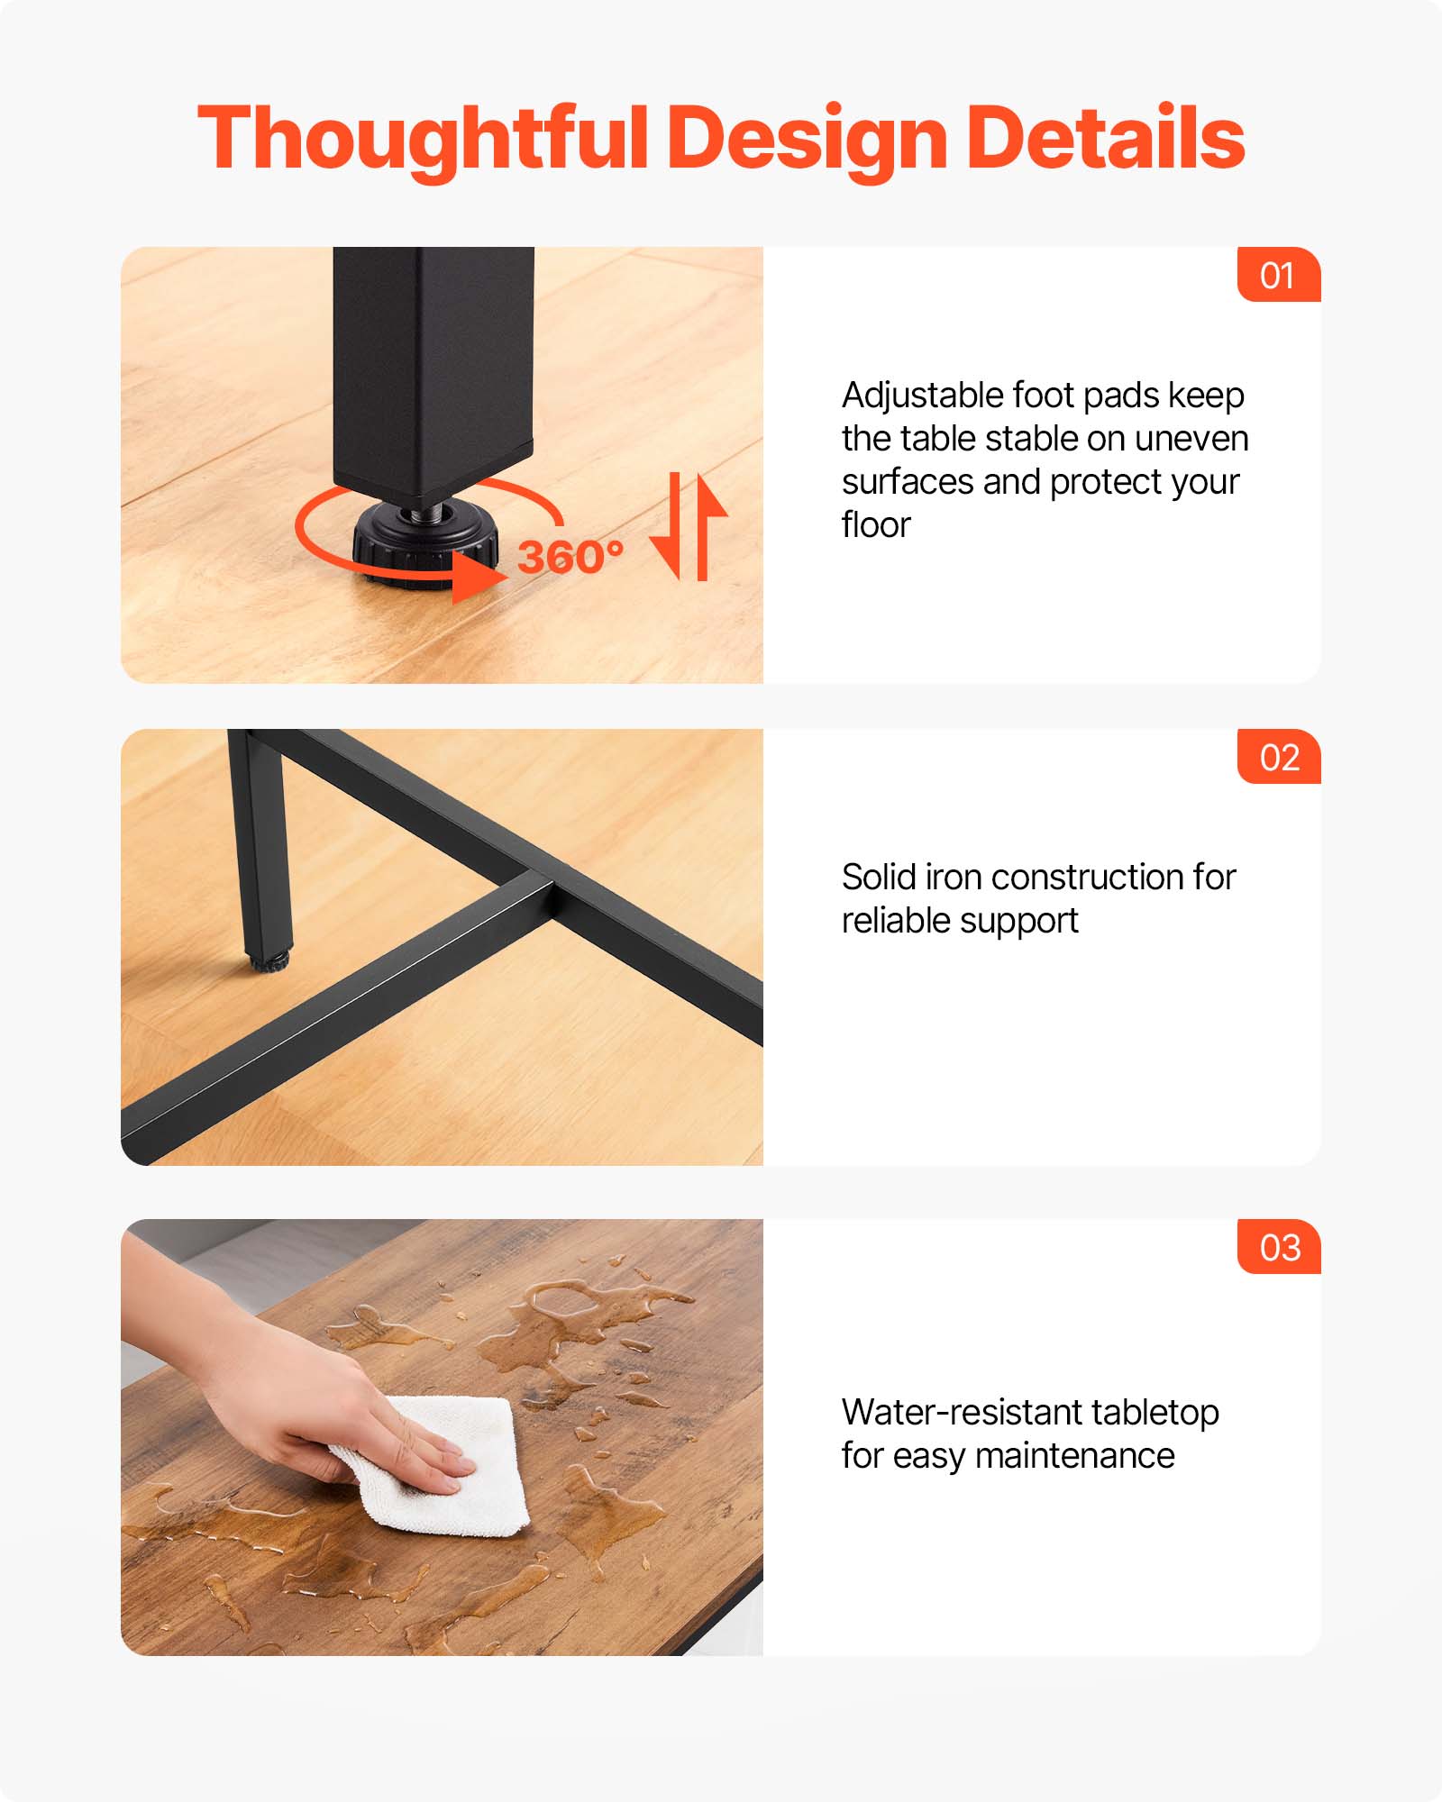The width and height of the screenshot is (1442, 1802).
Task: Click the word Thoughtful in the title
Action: (423, 139)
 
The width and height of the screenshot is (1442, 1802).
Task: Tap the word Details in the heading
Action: (1105, 137)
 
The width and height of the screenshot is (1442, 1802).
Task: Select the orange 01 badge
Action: (1279, 274)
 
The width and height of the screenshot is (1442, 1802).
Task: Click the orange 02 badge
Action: (1279, 757)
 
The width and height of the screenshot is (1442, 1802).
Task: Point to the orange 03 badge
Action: (1279, 1247)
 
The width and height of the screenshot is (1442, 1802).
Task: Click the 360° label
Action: (570, 557)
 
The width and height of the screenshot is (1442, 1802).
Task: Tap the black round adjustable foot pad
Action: (424, 542)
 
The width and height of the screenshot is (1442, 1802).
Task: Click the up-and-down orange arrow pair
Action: (689, 527)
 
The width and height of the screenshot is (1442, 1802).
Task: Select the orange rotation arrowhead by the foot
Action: (478, 575)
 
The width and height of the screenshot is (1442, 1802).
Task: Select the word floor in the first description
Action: (876, 524)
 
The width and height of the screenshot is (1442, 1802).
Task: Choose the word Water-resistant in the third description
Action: (961, 1412)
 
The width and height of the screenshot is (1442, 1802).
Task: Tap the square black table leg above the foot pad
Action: (433, 369)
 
